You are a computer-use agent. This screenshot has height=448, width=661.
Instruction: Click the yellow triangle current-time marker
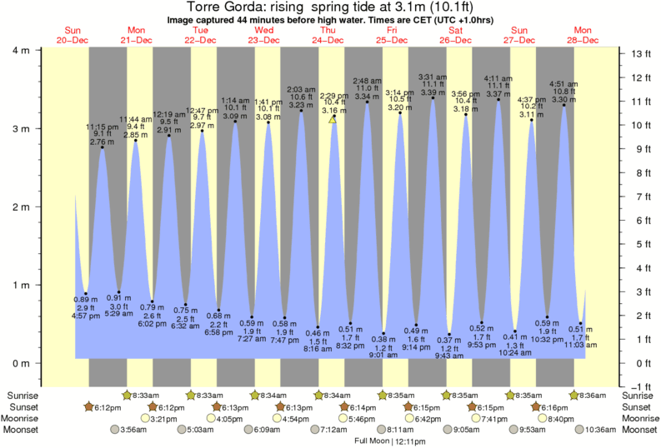333,120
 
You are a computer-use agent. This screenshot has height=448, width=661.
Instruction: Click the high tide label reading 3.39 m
432,92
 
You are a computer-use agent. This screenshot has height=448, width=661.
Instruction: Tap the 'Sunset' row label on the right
639,407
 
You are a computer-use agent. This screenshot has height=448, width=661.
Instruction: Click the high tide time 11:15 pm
103,127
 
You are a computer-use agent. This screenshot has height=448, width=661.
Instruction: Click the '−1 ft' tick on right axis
638,386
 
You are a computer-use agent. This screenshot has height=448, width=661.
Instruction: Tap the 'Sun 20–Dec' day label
73,34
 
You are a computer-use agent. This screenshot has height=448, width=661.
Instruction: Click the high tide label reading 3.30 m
563,99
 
